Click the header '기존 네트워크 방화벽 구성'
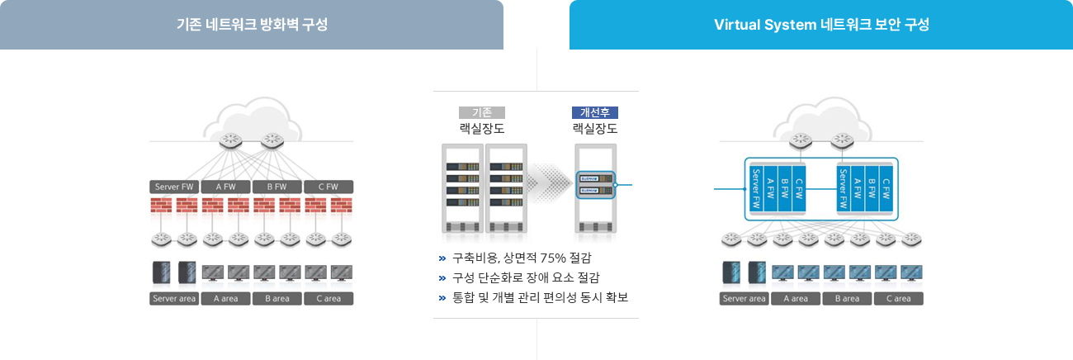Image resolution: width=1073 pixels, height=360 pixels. point(252,25)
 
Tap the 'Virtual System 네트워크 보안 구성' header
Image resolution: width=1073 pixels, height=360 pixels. point(821,25)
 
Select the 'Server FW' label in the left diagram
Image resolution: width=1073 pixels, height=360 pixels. point(174,187)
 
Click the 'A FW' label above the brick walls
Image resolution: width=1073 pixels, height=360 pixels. point(225,187)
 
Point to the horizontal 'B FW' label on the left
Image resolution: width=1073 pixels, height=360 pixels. point(277,187)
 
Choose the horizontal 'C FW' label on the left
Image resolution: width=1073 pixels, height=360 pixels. point(329,187)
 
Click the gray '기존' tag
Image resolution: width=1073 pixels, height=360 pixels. point(482,112)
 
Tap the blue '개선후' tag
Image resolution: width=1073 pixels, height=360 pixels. point(594,112)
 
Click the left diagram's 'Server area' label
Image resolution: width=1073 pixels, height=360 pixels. point(174,298)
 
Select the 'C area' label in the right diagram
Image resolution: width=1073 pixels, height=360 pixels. point(898,298)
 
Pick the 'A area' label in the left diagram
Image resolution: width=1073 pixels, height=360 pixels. point(225,298)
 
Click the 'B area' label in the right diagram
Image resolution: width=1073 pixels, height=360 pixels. point(847,298)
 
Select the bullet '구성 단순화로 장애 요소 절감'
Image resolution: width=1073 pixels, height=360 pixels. point(526,277)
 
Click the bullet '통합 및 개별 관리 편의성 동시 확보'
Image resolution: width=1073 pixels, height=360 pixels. point(540,297)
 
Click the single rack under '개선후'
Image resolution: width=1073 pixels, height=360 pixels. point(595,187)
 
